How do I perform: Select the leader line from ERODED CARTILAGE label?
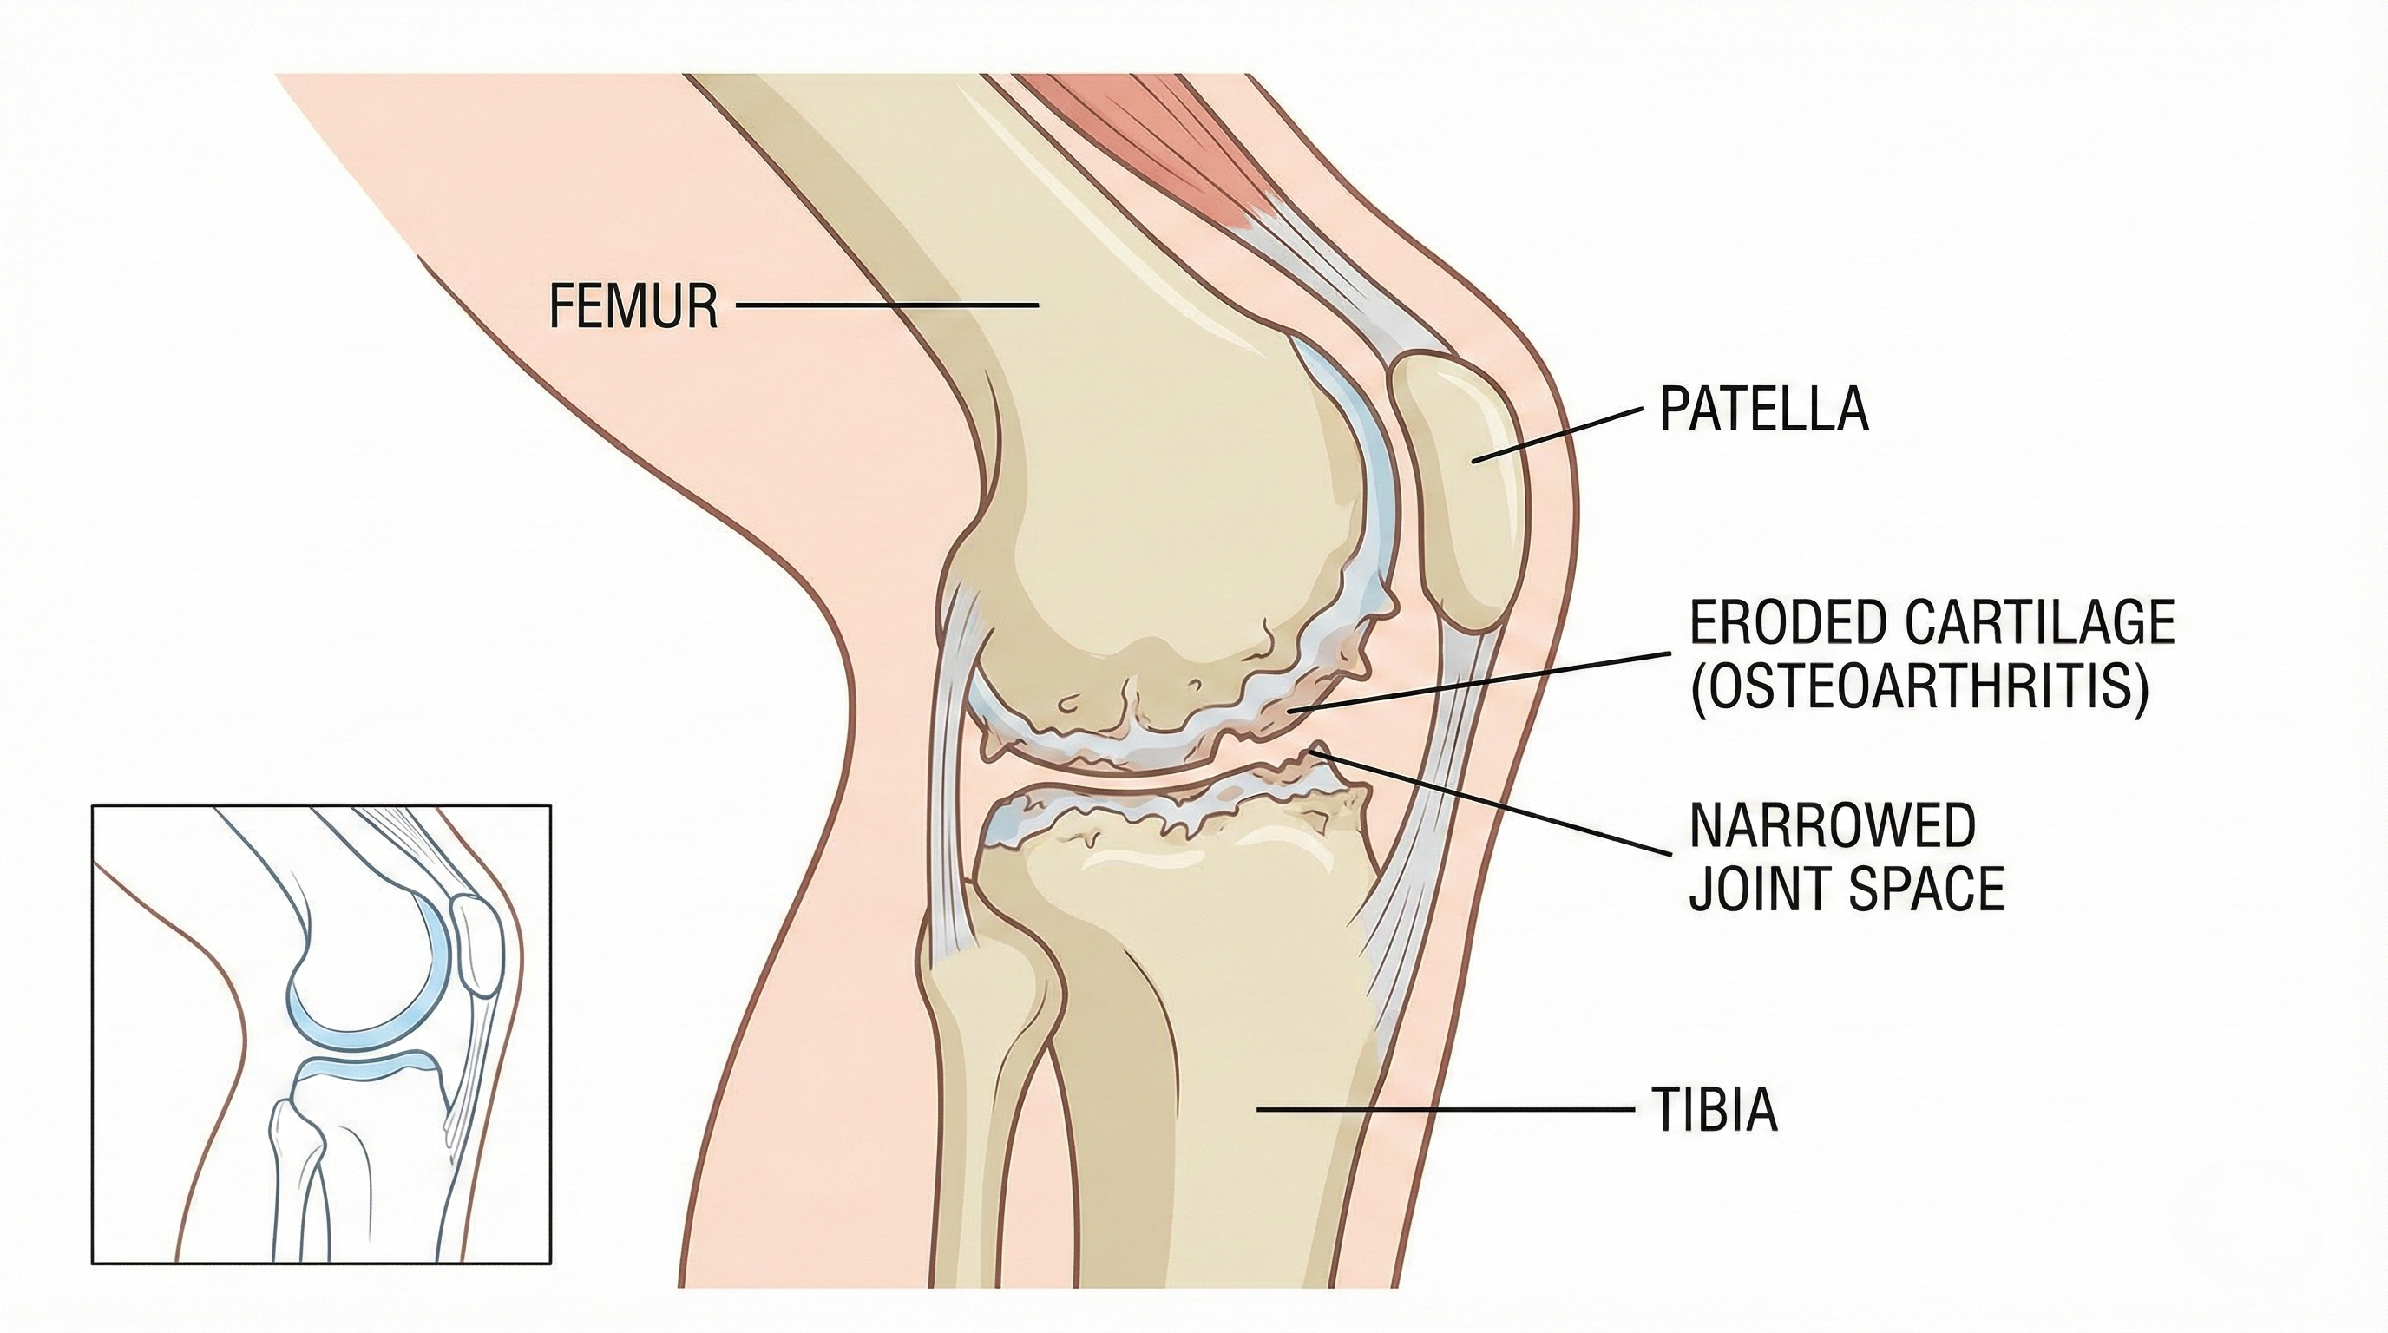(1483, 682)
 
